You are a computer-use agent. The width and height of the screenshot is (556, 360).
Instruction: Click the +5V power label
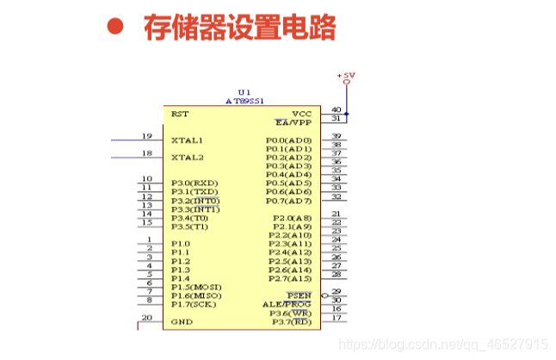point(346,76)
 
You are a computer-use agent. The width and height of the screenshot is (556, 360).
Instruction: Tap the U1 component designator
point(244,91)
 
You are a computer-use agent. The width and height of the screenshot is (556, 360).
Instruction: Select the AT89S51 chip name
point(244,100)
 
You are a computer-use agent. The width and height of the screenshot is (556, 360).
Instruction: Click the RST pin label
point(180,114)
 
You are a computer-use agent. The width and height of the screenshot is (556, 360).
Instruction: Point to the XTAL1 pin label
point(187,140)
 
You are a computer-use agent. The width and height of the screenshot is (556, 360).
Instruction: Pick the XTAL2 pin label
point(187,158)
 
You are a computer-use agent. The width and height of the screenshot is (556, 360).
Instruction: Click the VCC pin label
point(301,114)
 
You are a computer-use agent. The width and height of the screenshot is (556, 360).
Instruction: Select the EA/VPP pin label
point(293,122)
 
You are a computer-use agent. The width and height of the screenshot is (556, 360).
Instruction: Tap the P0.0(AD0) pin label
point(288,140)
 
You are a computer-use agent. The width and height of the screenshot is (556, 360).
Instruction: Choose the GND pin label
point(181,321)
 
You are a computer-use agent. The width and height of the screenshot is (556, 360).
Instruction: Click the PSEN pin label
point(299,295)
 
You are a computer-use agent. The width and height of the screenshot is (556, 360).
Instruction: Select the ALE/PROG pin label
point(287,304)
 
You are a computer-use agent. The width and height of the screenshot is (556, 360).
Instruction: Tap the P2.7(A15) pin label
point(288,278)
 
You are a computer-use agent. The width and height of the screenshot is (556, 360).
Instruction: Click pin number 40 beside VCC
point(336,110)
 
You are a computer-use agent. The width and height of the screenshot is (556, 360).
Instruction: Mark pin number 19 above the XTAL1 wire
point(147,136)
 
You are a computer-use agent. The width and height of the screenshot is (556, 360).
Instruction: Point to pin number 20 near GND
point(147,318)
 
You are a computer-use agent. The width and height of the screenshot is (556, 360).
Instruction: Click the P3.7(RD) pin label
point(291,322)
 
